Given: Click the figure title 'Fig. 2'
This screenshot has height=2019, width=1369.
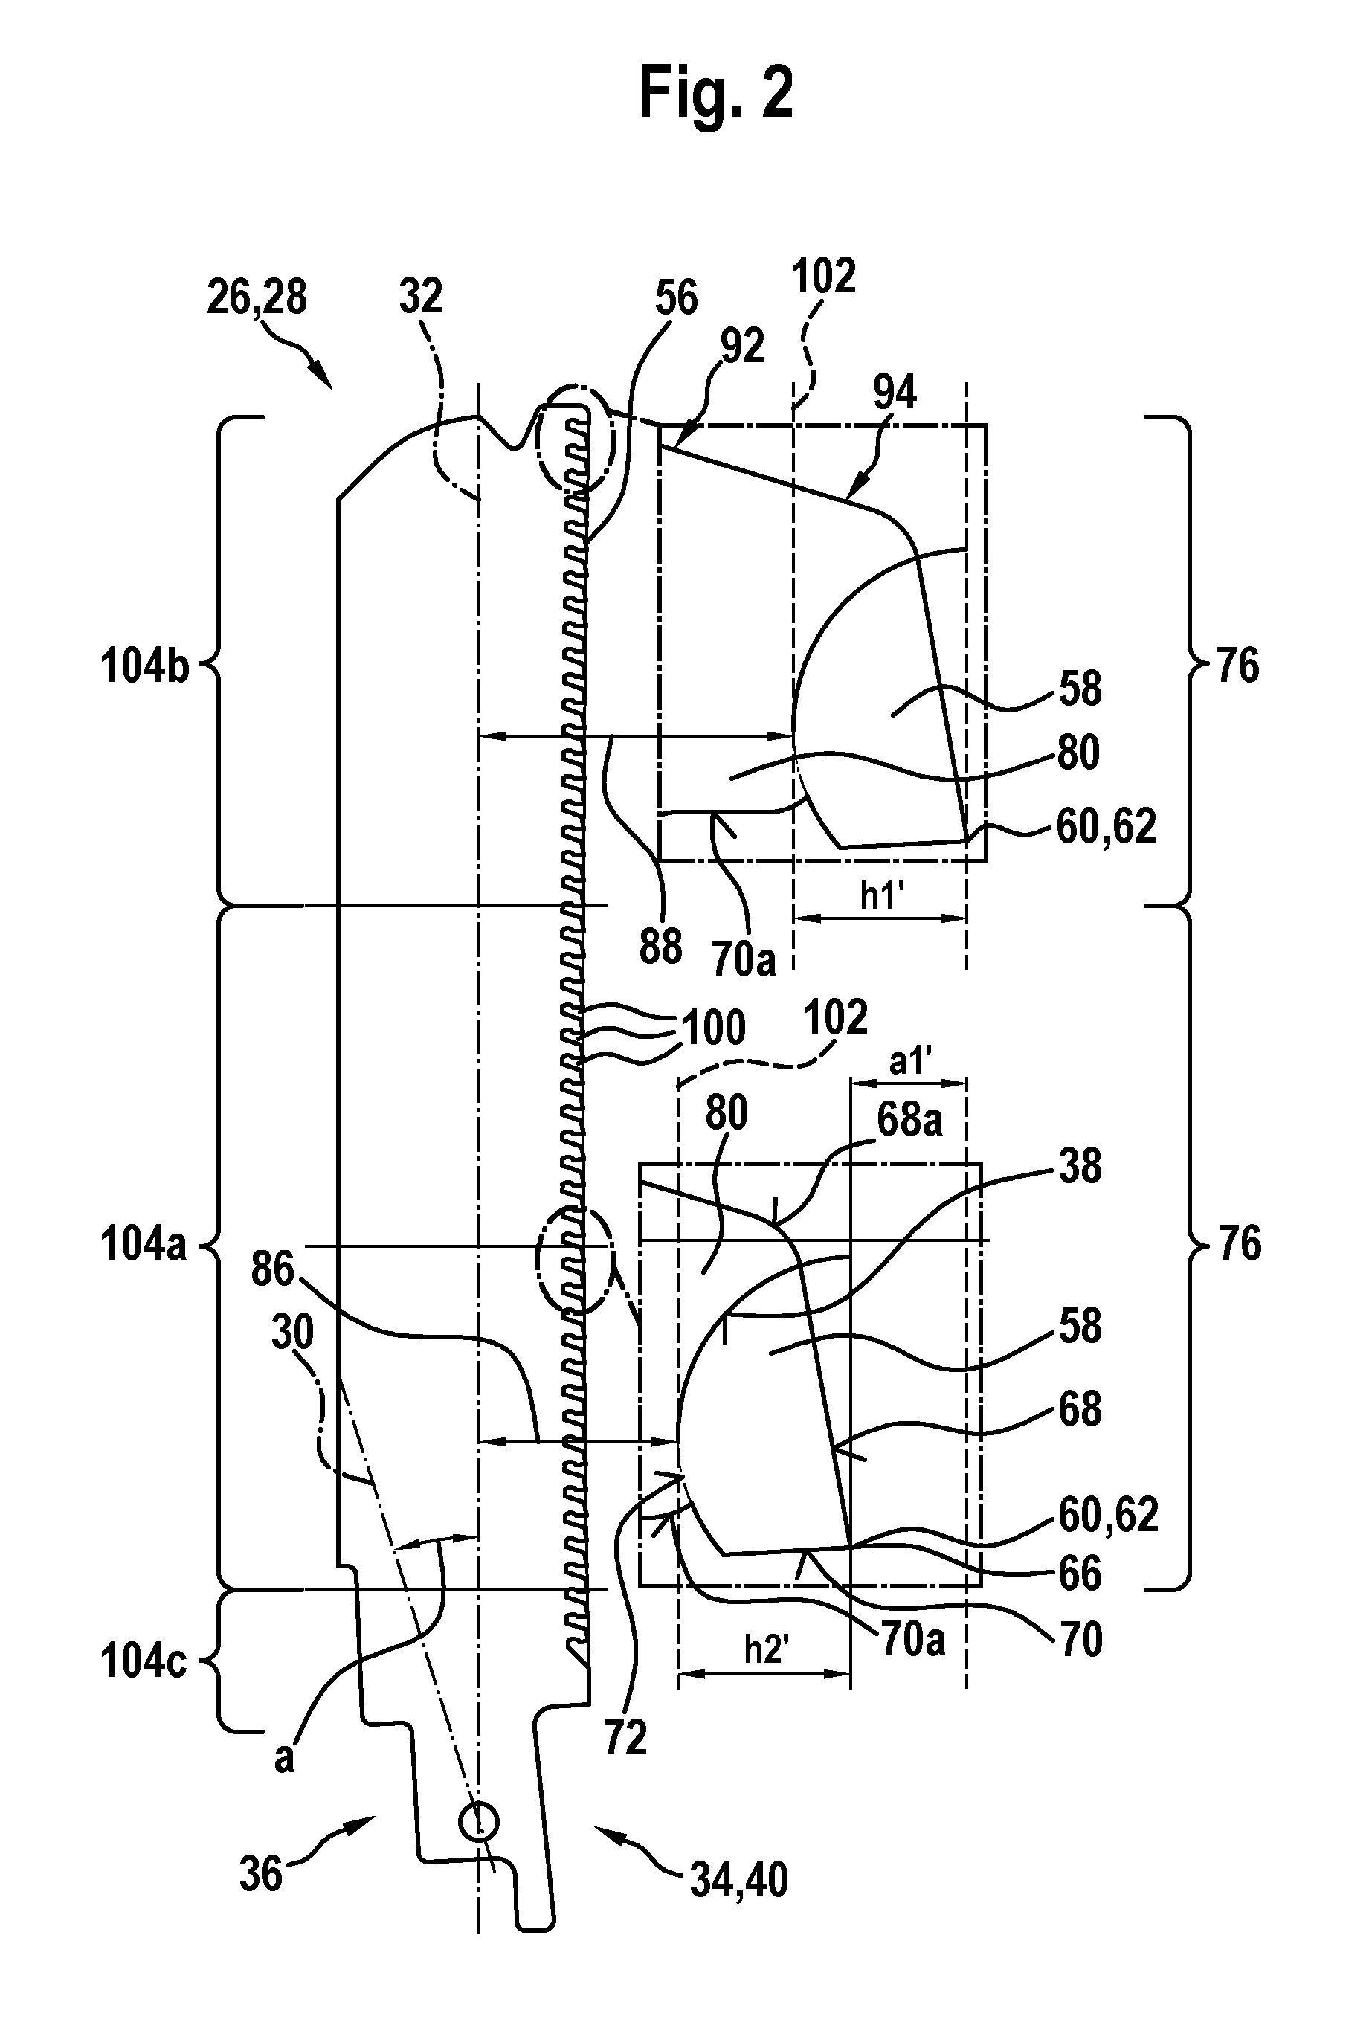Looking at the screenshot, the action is (716, 94).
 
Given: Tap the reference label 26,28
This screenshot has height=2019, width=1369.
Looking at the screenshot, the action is (257, 298).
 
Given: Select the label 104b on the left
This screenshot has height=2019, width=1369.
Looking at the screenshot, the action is (144, 667).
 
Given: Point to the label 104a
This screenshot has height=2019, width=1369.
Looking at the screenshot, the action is (144, 1244).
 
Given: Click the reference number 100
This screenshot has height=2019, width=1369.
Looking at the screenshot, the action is (714, 1028).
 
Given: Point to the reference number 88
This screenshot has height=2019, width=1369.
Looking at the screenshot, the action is (660, 946).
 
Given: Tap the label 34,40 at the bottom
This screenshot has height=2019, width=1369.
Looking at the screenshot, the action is (739, 1880).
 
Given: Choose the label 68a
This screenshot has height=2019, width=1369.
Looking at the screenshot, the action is (909, 1121).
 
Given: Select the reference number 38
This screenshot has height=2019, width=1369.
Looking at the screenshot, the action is (1080, 1166).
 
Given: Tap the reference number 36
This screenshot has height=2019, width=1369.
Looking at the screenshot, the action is (260, 1873).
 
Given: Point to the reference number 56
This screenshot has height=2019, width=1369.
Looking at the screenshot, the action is (676, 298).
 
